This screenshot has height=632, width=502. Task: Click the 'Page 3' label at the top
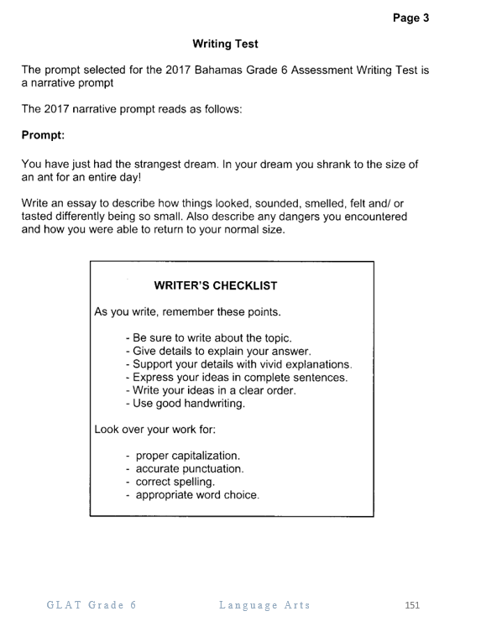[x=410, y=17]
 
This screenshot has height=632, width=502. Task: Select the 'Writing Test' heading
[x=225, y=43]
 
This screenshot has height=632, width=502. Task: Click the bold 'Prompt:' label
[x=44, y=134]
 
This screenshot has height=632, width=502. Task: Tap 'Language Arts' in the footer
[x=264, y=605]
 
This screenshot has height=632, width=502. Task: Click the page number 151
[x=411, y=605]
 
